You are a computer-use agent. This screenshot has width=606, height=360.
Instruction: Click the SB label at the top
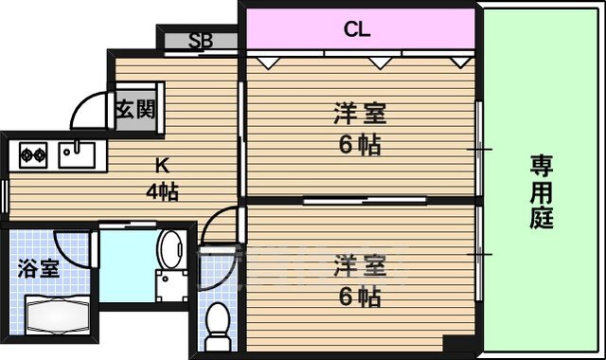click(x=200, y=41)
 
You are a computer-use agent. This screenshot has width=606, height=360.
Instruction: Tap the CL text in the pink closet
click(x=357, y=29)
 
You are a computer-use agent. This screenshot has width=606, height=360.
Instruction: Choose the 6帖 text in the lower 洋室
click(x=360, y=296)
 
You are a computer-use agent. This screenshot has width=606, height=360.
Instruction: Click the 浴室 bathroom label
click(x=39, y=267)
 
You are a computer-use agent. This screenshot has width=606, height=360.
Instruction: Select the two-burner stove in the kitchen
click(x=34, y=153)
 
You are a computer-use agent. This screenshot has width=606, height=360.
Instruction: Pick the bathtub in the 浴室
click(x=55, y=312)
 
